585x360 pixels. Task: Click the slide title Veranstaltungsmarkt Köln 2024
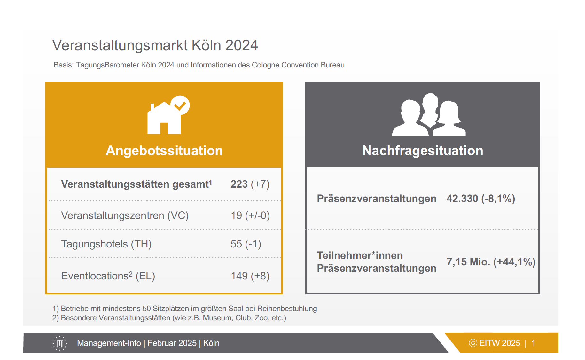pyautogui.click(x=155, y=45)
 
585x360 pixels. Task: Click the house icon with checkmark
pyautogui.click(x=168, y=115)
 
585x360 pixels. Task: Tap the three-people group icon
pyautogui.click(x=429, y=114)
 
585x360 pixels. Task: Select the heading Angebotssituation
pyautogui.click(x=164, y=151)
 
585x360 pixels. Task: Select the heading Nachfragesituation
pyautogui.click(x=423, y=151)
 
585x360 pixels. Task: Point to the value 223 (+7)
pyautogui.click(x=250, y=184)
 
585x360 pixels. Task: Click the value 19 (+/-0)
pyautogui.click(x=250, y=215)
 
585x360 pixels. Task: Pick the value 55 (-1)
pyautogui.click(x=246, y=244)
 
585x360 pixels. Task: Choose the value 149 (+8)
pyautogui.click(x=250, y=276)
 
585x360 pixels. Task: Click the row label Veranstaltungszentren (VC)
pyautogui.click(x=125, y=215)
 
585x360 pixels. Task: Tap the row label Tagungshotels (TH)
pyautogui.click(x=106, y=244)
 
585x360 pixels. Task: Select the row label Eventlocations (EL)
pyautogui.click(x=108, y=276)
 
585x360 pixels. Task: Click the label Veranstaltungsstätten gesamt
pyautogui.click(x=136, y=184)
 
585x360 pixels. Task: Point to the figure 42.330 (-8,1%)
pyautogui.click(x=481, y=199)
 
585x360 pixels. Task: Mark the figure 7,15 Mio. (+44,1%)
pyautogui.click(x=491, y=262)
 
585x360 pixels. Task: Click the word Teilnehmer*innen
pyautogui.click(x=360, y=255)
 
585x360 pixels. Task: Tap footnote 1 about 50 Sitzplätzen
pyautogui.click(x=185, y=309)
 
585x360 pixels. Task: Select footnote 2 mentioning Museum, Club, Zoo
pyautogui.click(x=169, y=318)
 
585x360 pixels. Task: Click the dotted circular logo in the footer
pyautogui.click(x=60, y=343)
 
